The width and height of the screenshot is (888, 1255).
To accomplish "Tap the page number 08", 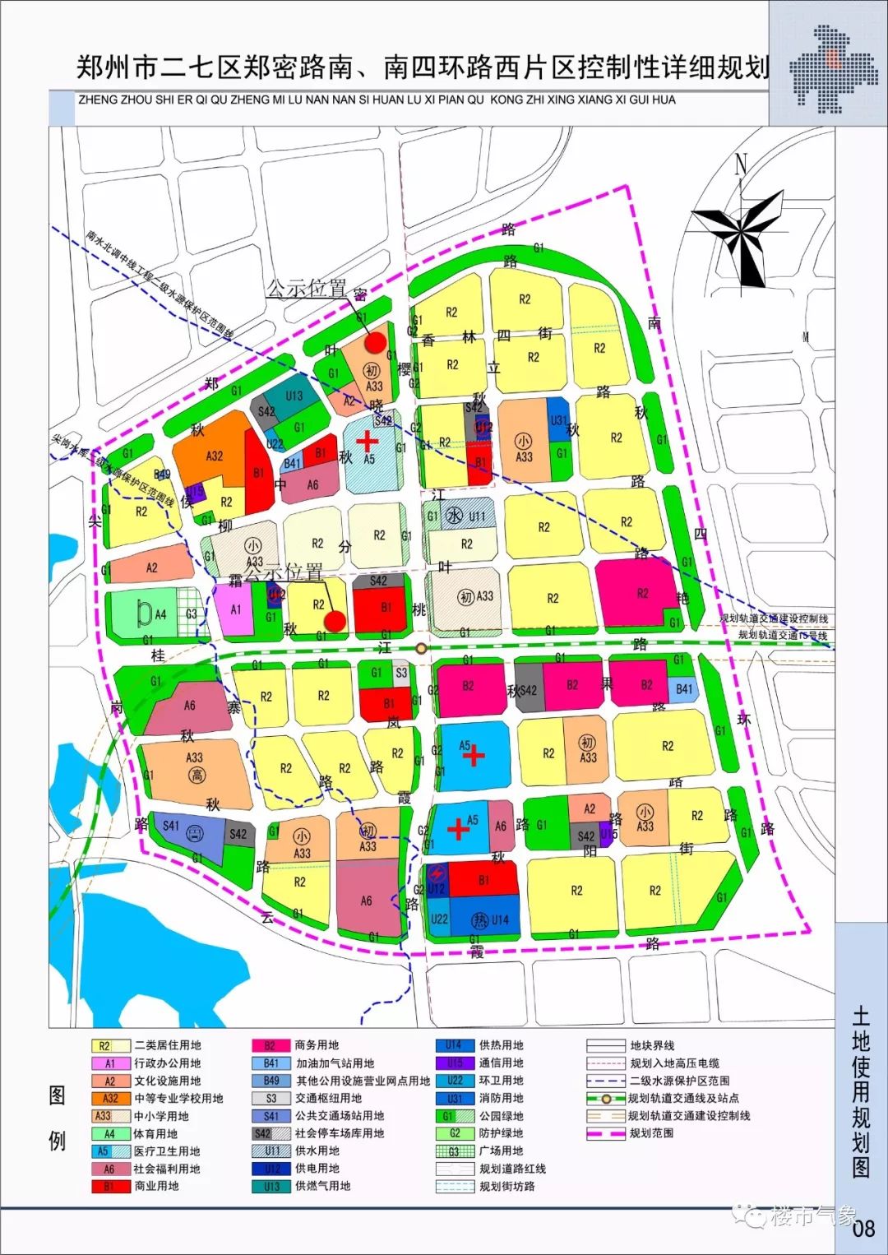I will tap(863, 1229).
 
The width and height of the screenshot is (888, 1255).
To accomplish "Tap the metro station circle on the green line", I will tap(421, 648).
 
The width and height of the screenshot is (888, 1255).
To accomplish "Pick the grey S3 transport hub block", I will tap(400, 673).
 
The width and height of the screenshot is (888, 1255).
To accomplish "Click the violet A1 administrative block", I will tap(235, 609).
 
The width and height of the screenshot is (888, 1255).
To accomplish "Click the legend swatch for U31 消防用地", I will tap(455, 1098).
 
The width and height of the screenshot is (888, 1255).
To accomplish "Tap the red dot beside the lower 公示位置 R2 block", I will tap(334, 621).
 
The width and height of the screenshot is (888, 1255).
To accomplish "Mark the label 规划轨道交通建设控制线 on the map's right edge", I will tap(774, 618).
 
